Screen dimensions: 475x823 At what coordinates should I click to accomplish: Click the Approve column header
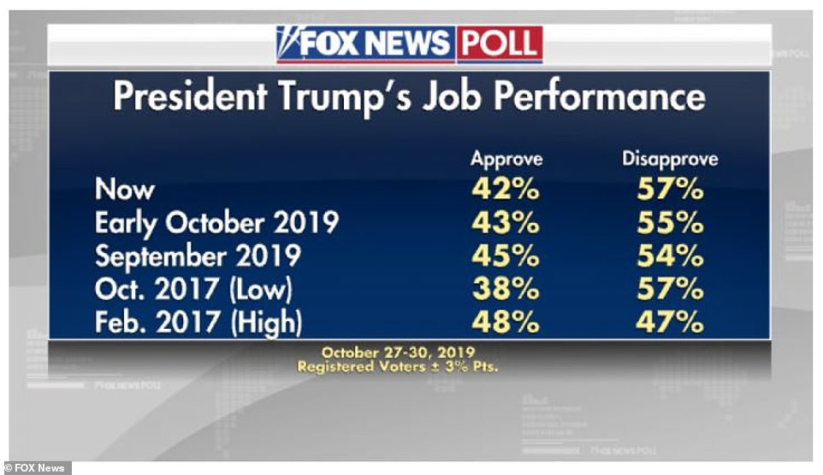pos(506,160)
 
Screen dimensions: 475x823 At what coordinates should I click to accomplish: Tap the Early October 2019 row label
pos(217,223)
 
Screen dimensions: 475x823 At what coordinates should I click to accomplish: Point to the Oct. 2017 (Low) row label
pos(194,290)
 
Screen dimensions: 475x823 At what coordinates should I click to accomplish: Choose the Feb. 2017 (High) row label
pos(199,323)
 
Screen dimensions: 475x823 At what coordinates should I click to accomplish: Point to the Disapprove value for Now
pos(671,190)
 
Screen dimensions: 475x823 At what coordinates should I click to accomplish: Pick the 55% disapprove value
pos(671,223)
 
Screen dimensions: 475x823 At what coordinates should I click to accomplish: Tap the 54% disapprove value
pos(671,256)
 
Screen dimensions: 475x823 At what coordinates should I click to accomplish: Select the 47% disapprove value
pos(671,323)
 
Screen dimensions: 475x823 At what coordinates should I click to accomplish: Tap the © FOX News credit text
pos(37,467)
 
